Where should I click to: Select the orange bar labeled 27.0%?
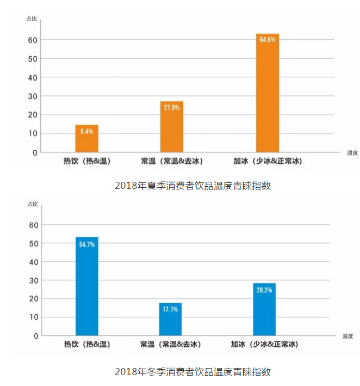coord(171,127)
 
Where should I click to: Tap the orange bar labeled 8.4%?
coord(86,139)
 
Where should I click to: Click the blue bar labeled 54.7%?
coord(86,286)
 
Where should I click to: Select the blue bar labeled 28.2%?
coord(264,309)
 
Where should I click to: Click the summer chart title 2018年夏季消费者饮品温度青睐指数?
coord(193,186)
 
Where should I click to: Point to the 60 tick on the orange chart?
coord(33,40)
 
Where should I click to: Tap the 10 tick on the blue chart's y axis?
coord(33,317)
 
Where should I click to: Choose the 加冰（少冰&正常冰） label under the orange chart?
coord(267,161)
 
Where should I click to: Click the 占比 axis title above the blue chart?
coord(33,204)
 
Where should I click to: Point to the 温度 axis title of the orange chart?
coord(352,153)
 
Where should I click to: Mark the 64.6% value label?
coord(267,40)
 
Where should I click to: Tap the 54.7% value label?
coord(86,244)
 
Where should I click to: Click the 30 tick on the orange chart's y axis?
coord(33,96)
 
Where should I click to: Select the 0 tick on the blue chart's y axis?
coord(35,336)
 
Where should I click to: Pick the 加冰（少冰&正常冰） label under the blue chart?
coord(264,345)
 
